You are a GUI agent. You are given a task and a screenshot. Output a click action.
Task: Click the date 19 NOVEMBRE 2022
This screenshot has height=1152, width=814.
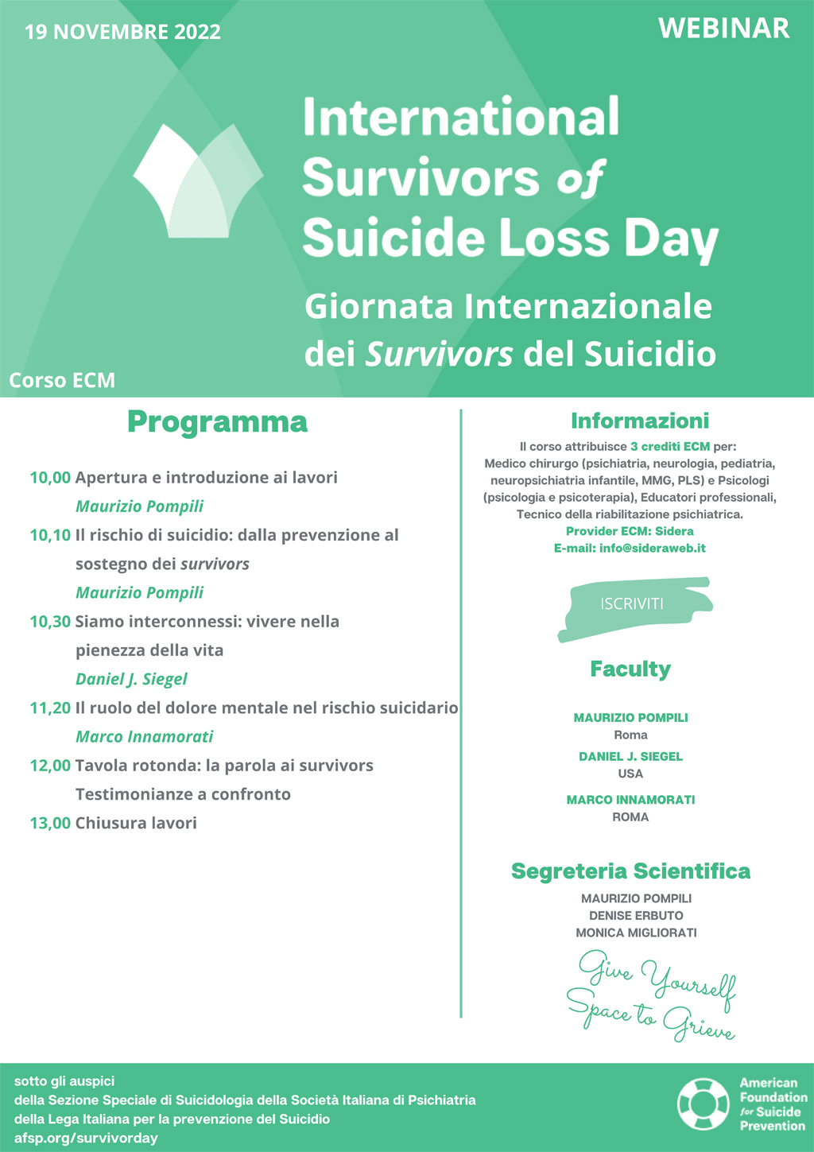point(123,33)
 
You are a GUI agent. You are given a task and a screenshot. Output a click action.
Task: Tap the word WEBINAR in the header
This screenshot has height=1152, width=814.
point(723,29)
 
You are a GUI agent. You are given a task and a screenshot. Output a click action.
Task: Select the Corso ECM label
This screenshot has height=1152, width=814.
point(62,380)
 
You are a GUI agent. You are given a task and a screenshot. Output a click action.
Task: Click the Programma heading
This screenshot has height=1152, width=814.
point(217,422)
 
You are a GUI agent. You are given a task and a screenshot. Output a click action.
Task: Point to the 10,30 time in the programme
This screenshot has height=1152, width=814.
point(50,622)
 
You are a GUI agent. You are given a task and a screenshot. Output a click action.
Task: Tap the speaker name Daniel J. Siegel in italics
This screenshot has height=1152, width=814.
point(131,679)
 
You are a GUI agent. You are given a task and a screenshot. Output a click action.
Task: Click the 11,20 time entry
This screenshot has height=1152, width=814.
point(50,708)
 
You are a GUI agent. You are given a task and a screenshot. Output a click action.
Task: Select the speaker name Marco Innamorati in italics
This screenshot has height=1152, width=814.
point(144,736)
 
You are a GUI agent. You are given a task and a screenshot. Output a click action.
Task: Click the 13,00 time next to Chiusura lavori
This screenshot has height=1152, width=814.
point(50,823)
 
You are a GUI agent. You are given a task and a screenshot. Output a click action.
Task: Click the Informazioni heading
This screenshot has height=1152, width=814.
point(639,421)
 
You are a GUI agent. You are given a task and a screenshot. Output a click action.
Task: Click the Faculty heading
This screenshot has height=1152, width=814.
point(630,669)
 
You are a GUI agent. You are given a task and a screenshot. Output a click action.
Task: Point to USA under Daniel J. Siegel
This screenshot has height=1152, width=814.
point(630,774)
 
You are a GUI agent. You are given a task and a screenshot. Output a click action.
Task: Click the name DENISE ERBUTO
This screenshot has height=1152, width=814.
point(636,915)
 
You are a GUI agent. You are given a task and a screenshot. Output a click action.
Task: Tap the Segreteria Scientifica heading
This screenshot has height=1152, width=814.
point(630,871)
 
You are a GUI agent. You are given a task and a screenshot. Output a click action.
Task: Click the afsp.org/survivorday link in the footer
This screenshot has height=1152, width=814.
point(86,1138)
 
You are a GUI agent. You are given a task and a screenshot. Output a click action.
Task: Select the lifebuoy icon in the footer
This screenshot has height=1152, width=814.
point(703,1104)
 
